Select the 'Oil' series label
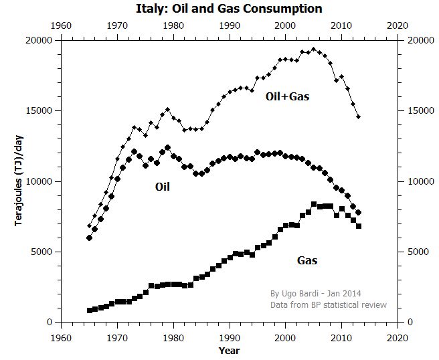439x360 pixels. tap(163, 187)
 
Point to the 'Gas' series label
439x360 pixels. tap(306, 260)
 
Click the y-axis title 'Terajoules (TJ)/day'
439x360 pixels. tap(21, 181)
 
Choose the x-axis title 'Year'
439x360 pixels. tap(229, 350)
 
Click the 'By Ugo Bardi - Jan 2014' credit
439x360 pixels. tap(315, 293)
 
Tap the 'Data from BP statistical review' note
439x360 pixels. tap(328, 304)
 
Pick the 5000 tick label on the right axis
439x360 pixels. tap(416, 252)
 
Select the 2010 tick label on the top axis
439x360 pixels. tap(341, 25)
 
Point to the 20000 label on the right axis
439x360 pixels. tap(419, 40)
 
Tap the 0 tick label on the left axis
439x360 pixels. tap(49, 322)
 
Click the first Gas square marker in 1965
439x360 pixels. tap(89, 310)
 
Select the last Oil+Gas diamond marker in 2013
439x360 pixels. tap(359, 117)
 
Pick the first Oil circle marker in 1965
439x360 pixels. tap(89, 238)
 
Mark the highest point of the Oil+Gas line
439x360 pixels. tap(314, 49)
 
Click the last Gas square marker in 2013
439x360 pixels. tap(359, 226)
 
